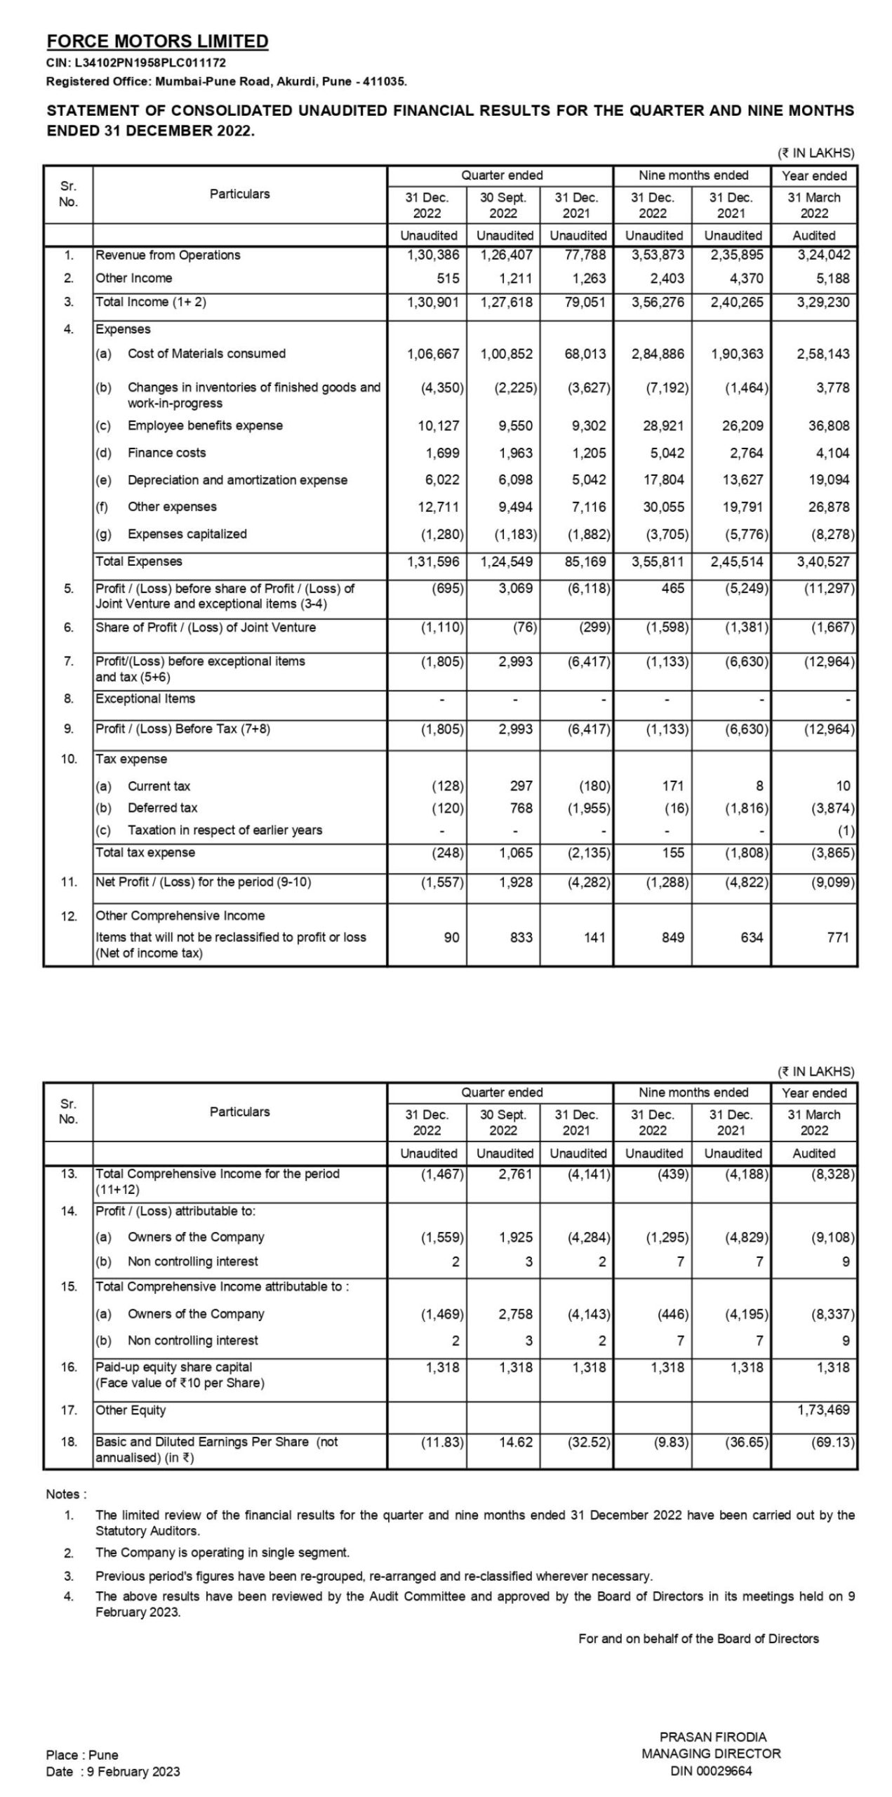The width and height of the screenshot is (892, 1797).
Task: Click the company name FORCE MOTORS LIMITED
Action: tap(157, 41)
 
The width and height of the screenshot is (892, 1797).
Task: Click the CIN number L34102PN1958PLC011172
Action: tap(135, 63)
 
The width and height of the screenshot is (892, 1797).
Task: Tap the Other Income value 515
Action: tap(447, 279)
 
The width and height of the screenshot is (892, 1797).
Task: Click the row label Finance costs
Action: tap(166, 453)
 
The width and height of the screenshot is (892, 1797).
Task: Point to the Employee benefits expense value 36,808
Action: tap(832, 426)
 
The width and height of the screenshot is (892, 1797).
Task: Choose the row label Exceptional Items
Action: tap(145, 698)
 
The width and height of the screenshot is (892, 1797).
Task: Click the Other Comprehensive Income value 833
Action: tap(521, 937)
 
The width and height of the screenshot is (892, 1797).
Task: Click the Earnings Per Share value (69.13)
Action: tap(832, 1442)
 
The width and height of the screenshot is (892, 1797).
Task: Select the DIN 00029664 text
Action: tap(711, 1771)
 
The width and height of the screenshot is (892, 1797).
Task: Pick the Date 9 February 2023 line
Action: tap(113, 1772)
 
